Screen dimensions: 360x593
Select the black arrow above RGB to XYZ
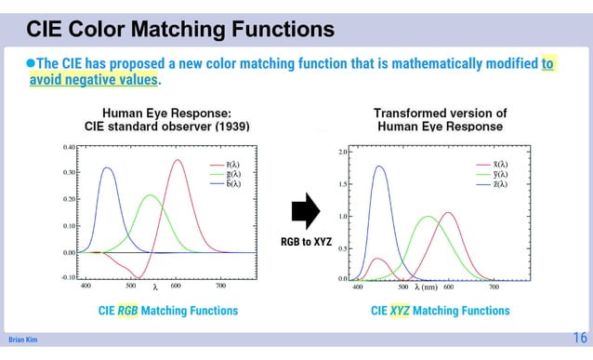click(x=305, y=211)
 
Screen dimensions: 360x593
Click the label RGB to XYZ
click(x=305, y=242)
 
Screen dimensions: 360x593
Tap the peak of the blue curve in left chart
click(x=108, y=168)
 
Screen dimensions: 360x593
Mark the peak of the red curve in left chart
click(x=177, y=160)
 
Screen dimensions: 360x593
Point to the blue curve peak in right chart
click(x=379, y=167)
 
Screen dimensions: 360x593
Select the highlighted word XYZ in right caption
click(x=402, y=311)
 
